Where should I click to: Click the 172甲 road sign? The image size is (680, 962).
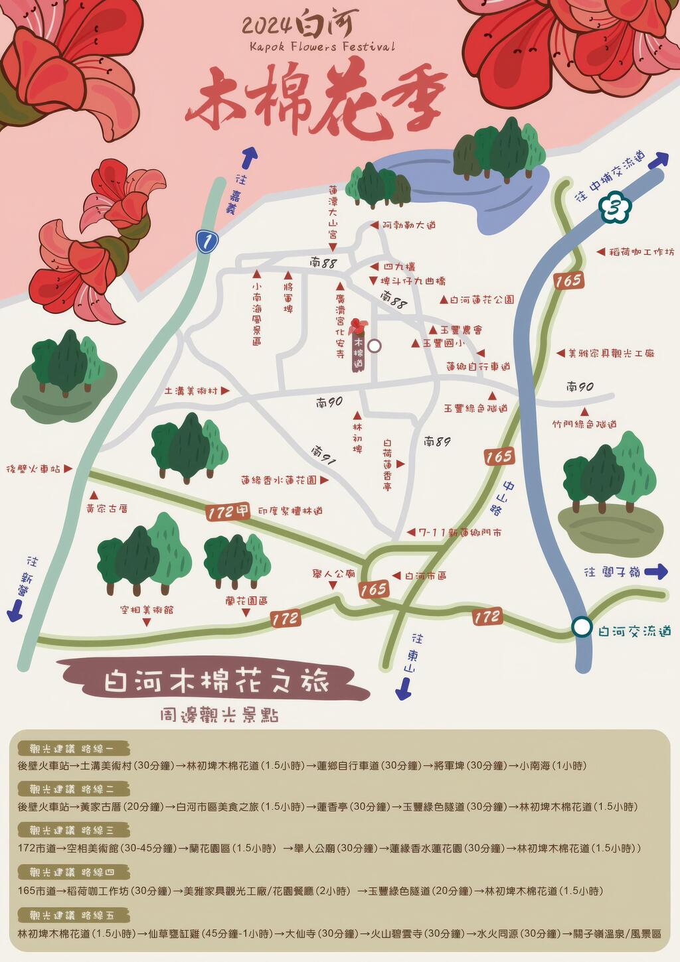[228, 512]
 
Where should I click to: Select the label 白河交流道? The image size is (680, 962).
[634, 631]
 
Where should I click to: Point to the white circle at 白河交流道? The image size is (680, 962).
[582, 627]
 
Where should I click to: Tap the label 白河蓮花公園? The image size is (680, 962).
[481, 300]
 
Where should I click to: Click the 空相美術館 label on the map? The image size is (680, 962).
[147, 609]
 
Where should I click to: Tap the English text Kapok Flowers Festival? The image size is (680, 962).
[322, 46]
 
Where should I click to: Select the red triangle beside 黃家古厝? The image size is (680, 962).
[94, 495]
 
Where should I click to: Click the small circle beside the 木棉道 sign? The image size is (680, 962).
[375, 346]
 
